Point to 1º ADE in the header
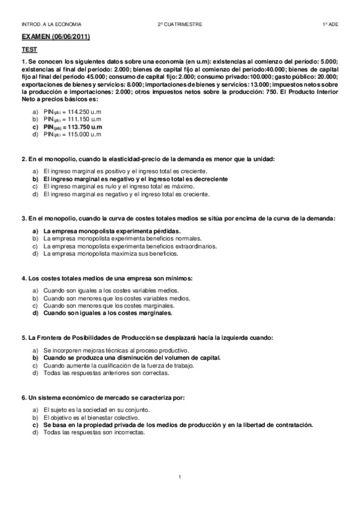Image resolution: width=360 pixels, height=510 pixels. pyautogui.click(x=330, y=24)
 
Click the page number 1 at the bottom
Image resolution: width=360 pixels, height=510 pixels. pyautogui.click(x=180, y=476)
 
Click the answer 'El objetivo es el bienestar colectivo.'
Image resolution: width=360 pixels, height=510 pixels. pyautogui.click(x=97, y=417)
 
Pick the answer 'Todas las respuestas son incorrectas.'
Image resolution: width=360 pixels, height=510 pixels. pyautogui.click(x=94, y=432)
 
